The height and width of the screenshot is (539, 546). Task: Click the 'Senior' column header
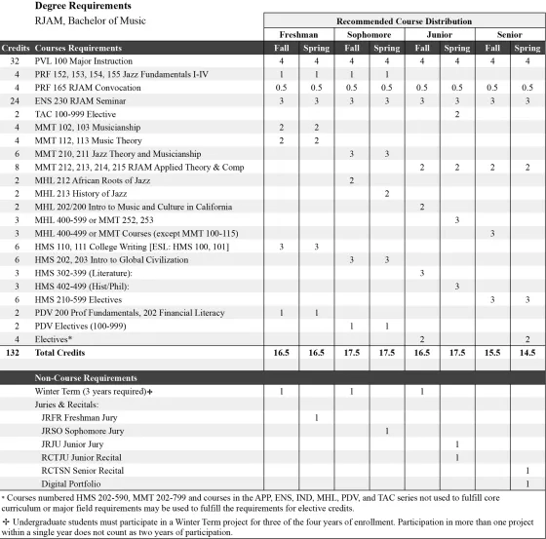pos(508,34)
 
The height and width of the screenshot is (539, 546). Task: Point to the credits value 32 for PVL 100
pos(15,60)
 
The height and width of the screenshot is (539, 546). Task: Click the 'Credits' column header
pos(15,47)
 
